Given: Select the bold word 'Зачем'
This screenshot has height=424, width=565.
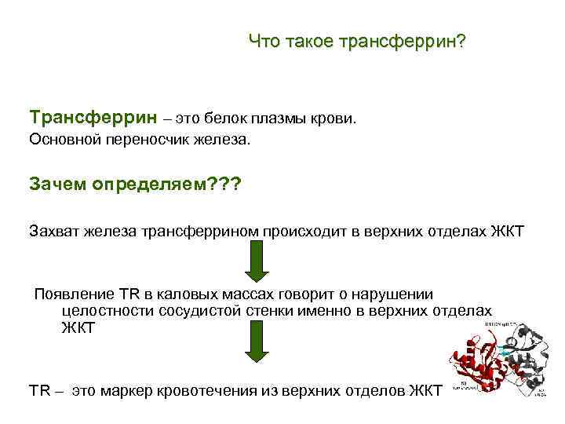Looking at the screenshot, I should click(57, 184).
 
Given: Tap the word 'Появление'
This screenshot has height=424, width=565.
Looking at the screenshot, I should click(75, 294).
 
